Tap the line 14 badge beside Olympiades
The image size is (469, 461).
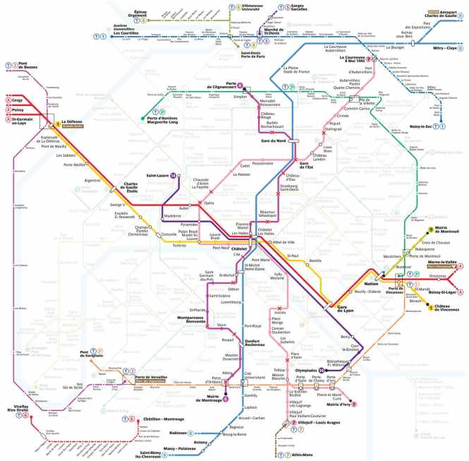point(321,370)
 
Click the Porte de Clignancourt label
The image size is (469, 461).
point(224,87)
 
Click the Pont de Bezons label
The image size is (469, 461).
point(25,66)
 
